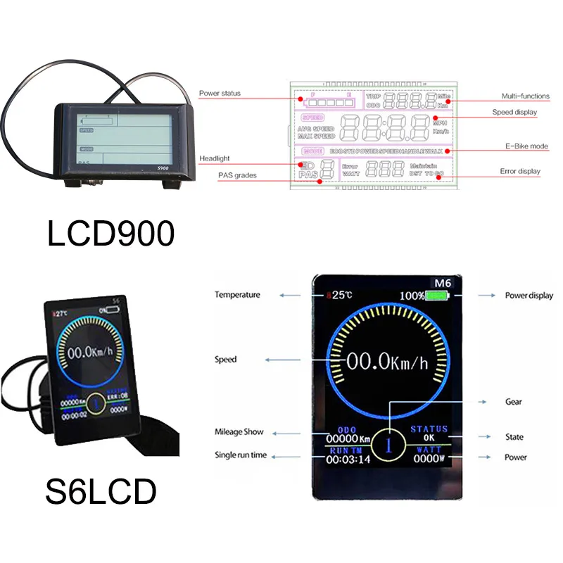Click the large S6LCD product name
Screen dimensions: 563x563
click(x=101, y=493)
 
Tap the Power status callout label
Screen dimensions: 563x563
click(x=220, y=93)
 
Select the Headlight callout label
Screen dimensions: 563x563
click(x=214, y=158)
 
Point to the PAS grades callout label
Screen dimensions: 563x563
click(x=237, y=175)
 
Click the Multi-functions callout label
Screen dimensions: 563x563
click(x=525, y=96)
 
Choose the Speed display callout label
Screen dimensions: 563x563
click(x=514, y=112)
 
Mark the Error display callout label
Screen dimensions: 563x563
click(x=520, y=171)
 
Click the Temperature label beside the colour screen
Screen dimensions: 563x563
click(x=237, y=295)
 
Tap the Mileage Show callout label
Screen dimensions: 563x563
click(x=239, y=432)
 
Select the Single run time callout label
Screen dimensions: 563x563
click(x=241, y=455)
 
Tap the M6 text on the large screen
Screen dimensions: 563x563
click(x=442, y=282)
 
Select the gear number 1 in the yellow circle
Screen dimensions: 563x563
click(x=387, y=445)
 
